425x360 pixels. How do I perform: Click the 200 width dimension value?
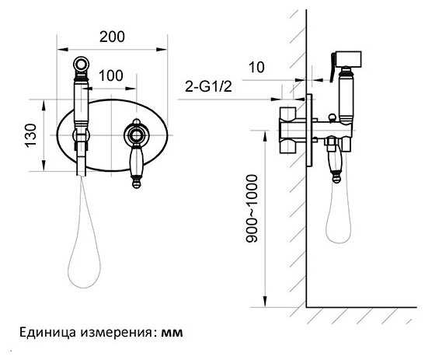click(x=112, y=37)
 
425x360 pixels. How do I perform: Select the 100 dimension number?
click(x=111, y=75)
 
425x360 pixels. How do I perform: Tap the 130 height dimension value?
click(x=30, y=135)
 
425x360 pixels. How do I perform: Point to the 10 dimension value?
click(x=256, y=68)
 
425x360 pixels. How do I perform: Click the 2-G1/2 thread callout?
click(x=208, y=87)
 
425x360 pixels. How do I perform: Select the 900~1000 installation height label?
click(x=252, y=208)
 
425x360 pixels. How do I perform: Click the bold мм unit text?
click(x=172, y=332)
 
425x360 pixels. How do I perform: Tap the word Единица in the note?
click(x=47, y=332)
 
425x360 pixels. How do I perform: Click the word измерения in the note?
click(x=116, y=333)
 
